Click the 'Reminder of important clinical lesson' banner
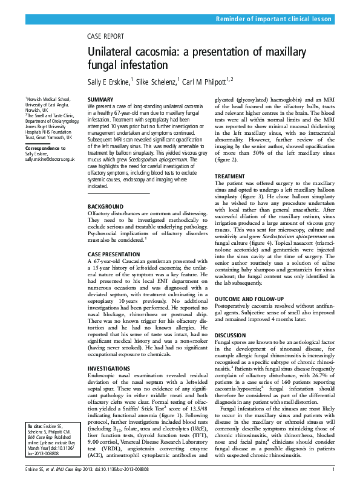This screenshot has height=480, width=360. click(274, 19)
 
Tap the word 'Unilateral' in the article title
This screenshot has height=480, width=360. click(111, 53)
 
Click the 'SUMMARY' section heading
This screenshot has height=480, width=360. click(100, 99)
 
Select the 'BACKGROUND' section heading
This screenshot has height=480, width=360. click(106, 207)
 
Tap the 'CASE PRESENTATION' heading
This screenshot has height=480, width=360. click(114, 254)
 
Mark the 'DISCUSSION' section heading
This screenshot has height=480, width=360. click(231, 334)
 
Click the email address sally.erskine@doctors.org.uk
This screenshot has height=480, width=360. click(50, 159)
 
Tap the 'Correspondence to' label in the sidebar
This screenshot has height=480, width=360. click(45, 148)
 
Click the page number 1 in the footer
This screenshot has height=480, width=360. click(333, 469)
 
